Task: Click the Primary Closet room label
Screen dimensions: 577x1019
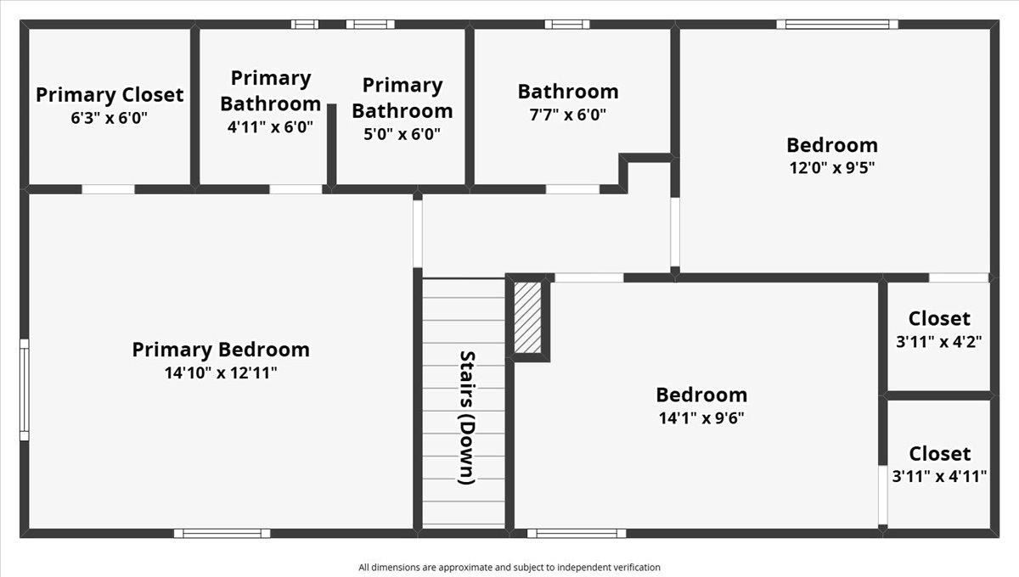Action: point(110,94)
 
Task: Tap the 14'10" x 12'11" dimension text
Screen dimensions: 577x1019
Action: point(221,372)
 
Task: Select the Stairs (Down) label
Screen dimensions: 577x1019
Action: point(465,417)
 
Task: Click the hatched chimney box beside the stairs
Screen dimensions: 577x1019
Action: point(528,317)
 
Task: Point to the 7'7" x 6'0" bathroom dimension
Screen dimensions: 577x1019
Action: point(568,115)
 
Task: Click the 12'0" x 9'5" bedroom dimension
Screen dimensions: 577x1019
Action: point(831,167)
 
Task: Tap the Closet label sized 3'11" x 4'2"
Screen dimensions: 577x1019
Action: point(938,318)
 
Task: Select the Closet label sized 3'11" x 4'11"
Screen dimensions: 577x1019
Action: point(939,453)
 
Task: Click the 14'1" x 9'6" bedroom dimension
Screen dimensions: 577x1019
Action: point(701,417)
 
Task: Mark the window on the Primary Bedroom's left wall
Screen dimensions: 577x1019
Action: point(25,389)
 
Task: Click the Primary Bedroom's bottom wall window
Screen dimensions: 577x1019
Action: point(222,533)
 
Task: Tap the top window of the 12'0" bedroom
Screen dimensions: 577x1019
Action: point(836,25)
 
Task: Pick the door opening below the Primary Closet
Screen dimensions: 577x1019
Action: point(108,188)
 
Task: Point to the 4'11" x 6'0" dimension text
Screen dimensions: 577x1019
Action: point(271,126)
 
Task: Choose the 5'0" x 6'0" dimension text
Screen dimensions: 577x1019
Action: point(402,133)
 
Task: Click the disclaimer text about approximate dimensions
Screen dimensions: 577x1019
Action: point(509,567)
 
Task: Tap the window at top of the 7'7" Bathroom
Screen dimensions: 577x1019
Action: point(566,25)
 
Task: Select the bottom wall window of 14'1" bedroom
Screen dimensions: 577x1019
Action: point(577,533)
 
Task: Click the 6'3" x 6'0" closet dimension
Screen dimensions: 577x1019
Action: point(110,118)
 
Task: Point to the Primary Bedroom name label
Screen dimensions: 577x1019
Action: point(221,349)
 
